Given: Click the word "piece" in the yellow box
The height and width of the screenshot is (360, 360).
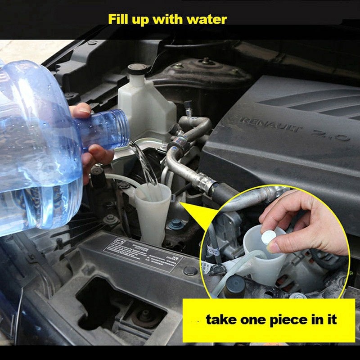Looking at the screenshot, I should (288, 320).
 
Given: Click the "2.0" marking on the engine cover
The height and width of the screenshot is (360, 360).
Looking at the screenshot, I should (333, 134).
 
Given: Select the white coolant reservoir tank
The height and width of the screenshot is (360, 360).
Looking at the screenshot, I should (144, 106).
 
